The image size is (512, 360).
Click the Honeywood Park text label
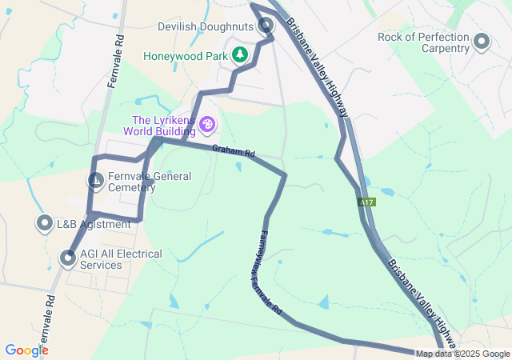[185, 57]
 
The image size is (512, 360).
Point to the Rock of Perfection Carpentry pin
[482, 42]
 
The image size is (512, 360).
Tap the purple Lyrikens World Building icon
[207, 124]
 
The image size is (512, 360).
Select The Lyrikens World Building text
[160, 126]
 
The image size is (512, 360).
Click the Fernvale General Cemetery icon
[95, 181]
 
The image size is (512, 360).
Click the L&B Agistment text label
[88, 225]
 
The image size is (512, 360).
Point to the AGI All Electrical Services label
[121, 259]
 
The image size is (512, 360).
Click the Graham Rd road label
[234, 150]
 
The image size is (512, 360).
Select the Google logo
[26, 350]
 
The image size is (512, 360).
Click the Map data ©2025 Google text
[462, 354]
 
